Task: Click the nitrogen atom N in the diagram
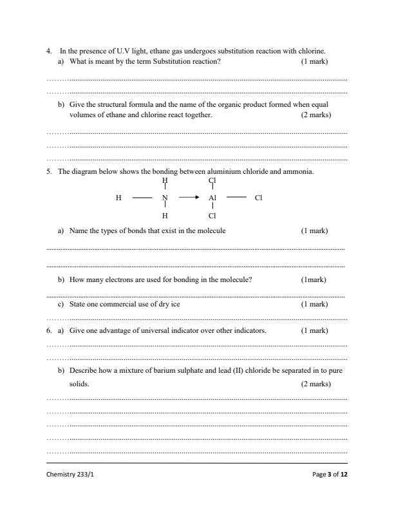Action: coord(165,198)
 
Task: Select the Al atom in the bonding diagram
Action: coord(213,198)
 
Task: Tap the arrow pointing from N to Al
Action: coord(189,198)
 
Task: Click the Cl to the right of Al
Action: coord(259,198)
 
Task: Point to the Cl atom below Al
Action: coord(213,216)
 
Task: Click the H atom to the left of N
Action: coord(118,198)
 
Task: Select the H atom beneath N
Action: coord(165,216)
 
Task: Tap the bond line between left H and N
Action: coord(142,198)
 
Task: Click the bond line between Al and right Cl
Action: coord(236,198)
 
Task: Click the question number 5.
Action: coord(49,172)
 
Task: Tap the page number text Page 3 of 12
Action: coord(329,475)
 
